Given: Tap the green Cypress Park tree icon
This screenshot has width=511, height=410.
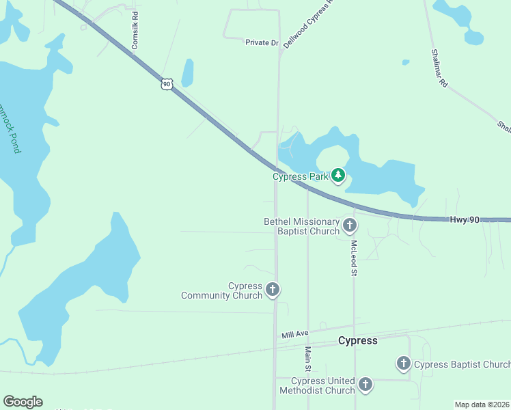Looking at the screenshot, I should point(338,176).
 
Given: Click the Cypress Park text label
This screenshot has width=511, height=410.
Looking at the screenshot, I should point(301,176).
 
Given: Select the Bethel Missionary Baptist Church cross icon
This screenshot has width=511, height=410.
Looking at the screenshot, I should point(350,225).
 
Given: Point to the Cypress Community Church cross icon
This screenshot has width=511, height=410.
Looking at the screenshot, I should point(272,290).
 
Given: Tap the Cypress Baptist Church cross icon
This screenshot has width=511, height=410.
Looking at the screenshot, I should point(404,364).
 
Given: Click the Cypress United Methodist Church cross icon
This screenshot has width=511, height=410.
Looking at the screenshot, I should point(365,385).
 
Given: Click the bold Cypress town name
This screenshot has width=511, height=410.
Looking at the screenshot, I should point(358,340).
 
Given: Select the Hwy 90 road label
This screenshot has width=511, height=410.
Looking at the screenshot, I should point(465,219).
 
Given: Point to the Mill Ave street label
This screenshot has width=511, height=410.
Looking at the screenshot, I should point(295,334).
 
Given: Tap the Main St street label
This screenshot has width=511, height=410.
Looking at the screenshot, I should point(308,358).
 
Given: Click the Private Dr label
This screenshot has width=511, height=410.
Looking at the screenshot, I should point(262,42).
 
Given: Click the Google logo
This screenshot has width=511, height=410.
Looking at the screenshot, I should point(23,402).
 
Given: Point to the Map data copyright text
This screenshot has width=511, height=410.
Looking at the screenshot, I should point(482,405).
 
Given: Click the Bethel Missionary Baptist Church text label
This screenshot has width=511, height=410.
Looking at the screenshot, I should point(301,226).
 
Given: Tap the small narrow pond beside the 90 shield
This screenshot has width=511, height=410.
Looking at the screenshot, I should point(187,72).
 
